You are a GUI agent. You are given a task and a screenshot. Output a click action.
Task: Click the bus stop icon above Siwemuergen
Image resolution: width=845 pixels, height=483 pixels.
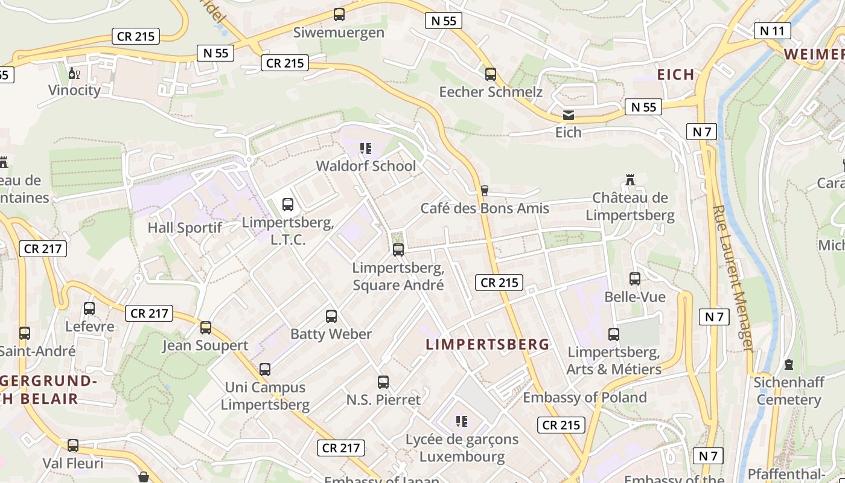[x=339, y=14]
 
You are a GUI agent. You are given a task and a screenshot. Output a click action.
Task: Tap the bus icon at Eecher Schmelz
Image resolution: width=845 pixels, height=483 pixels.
[x=491, y=74]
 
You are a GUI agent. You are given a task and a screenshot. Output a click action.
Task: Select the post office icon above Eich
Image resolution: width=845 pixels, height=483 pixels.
[x=569, y=115]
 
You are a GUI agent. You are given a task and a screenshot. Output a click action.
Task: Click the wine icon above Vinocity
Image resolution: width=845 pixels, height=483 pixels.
[x=74, y=73]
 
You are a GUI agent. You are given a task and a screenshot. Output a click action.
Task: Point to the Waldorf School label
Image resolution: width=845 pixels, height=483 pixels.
[x=366, y=166]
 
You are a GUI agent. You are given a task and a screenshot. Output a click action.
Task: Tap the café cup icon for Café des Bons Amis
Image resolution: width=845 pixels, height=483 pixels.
[x=484, y=191]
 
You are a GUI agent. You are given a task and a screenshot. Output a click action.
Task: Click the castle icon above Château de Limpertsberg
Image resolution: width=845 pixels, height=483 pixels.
[x=630, y=179]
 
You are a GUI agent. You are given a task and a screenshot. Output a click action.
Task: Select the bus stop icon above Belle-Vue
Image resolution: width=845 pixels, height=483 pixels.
[x=635, y=279]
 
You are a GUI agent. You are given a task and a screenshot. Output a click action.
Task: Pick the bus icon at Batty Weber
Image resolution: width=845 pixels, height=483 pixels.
[x=331, y=316]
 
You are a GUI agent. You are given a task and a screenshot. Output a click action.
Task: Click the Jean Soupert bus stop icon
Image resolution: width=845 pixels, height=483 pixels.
[x=206, y=328]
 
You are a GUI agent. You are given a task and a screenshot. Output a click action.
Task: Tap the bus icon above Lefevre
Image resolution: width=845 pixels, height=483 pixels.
[x=89, y=309]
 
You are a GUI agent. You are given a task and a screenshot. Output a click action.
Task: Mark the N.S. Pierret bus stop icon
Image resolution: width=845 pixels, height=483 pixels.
[x=383, y=382]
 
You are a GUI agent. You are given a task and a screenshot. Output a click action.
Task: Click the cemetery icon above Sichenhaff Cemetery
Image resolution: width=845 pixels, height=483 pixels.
[x=789, y=365]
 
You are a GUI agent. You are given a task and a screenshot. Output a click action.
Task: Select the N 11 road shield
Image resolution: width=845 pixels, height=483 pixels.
[x=772, y=31]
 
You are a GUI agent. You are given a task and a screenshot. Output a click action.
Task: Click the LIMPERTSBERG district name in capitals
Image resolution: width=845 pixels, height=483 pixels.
[x=488, y=345]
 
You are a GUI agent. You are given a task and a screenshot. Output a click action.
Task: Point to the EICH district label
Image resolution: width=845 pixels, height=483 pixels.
[x=675, y=75]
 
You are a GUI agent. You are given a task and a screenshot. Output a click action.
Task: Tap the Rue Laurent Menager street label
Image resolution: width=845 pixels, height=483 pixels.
[x=733, y=278]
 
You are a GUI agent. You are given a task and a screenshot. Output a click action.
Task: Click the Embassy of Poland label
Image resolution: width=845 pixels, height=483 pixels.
[x=584, y=397]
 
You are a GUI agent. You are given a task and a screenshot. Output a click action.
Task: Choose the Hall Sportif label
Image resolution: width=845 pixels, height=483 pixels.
[x=185, y=228]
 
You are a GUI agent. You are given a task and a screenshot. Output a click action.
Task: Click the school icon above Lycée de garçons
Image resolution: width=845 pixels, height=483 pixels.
[x=462, y=421]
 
